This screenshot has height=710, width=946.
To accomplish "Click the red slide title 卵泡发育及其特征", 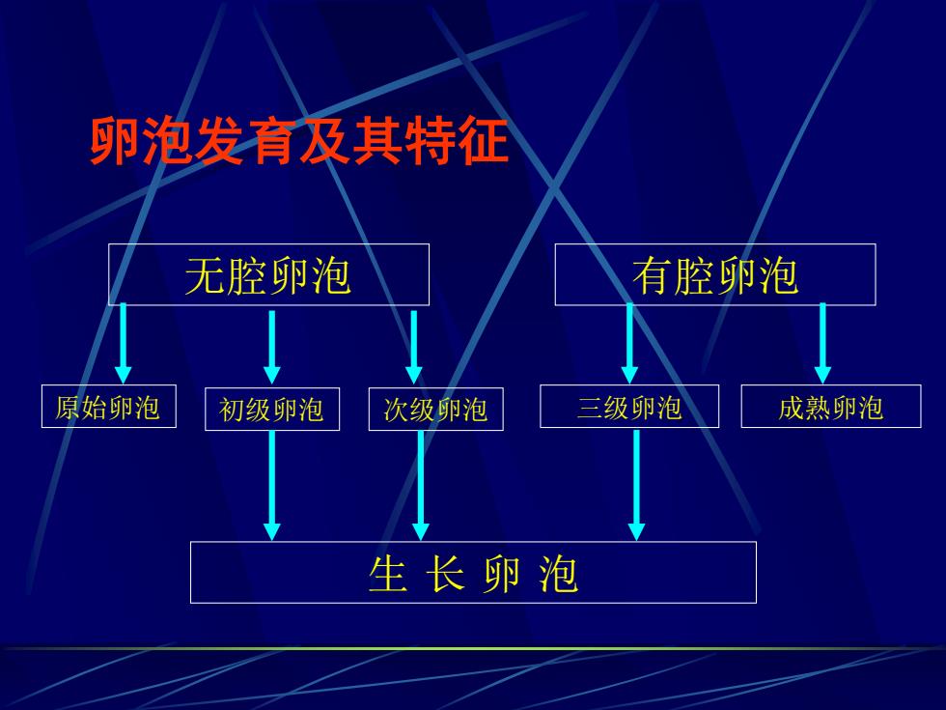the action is (x=299, y=141).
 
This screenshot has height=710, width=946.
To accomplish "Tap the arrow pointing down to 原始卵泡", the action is (x=124, y=343).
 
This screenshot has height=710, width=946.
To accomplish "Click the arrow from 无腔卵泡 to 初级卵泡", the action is (x=272, y=347).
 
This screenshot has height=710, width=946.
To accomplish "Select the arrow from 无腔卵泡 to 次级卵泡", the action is (x=414, y=347).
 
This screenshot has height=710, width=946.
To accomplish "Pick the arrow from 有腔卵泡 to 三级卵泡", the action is (x=629, y=343).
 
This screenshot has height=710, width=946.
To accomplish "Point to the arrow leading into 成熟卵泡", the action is (x=822, y=343).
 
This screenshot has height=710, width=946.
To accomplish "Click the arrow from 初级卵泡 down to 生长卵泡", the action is (x=272, y=485).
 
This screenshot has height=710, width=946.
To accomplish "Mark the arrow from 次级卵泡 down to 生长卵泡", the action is (x=421, y=485).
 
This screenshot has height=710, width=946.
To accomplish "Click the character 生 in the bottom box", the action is (x=387, y=574).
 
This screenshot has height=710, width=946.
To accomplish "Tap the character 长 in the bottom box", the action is (x=445, y=574).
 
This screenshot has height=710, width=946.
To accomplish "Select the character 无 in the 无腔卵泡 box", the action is (x=205, y=276).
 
